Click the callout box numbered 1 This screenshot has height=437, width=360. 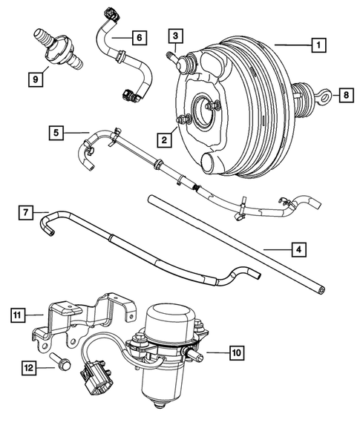[317, 45]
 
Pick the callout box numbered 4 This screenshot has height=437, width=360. [298, 249]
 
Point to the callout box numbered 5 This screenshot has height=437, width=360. [56, 134]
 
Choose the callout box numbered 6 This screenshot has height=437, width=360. [138, 36]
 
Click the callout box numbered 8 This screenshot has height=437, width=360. [345, 94]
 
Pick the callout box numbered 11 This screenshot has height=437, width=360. [17, 315]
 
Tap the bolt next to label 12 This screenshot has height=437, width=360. [61, 366]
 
